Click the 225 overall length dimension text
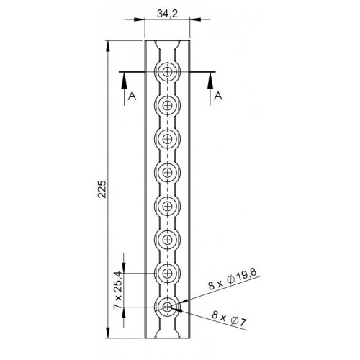pos(102,189)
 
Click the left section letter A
pos(131,94)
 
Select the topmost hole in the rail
pos(168,71)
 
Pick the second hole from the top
pos(168,105)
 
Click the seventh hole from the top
pos(168,274)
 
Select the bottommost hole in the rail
pos(168,307)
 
